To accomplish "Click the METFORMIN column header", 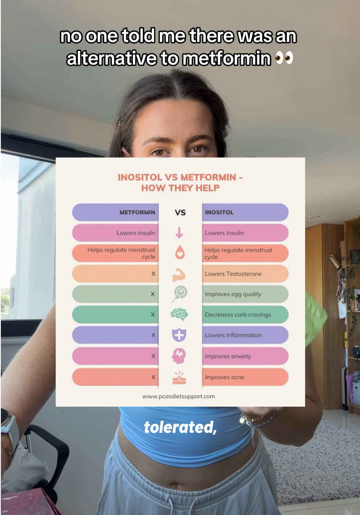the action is tap(137, 212).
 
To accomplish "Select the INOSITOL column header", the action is tap(219, 212).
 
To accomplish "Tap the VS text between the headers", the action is tap(180, 213).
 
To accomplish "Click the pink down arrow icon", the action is tap(179, 233).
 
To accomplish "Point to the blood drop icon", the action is tap(180, 252).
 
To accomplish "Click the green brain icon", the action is tap(179, 314).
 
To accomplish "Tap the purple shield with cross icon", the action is tap(179, 335).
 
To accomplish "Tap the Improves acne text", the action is tap(224, 377).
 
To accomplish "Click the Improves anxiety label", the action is tap(228, 356).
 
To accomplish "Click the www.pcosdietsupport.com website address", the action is tap(178, 396).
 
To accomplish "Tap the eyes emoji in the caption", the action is tap(284, 58).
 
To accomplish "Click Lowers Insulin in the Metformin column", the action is tap(136, 233).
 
